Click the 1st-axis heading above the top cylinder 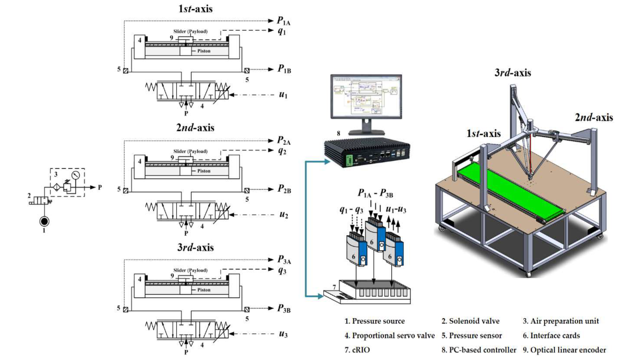(x=186, y=8)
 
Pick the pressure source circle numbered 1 (x=43, y=221)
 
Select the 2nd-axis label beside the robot (x=593, y=118)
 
